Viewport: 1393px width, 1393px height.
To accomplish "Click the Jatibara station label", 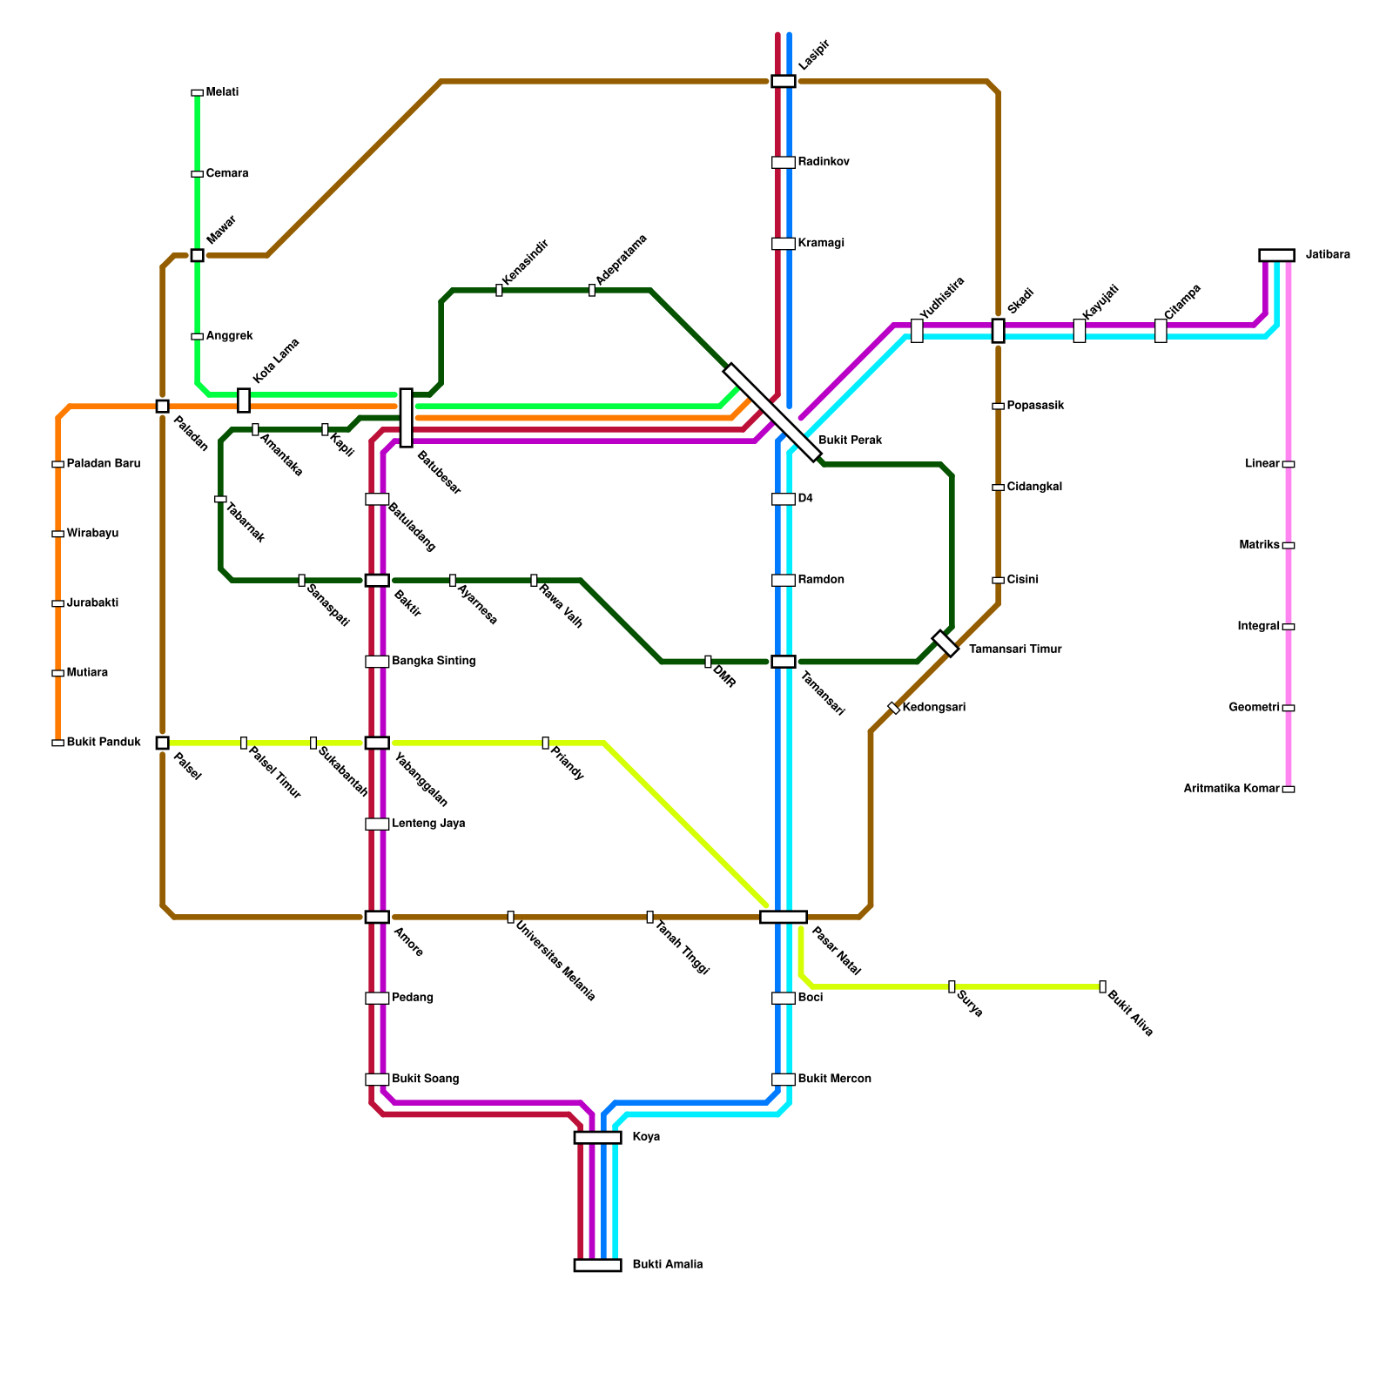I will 1328,255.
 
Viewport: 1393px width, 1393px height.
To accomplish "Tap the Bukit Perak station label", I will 850,441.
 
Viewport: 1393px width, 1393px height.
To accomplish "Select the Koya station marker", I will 597,1137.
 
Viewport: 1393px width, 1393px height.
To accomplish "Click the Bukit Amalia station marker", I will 597,1265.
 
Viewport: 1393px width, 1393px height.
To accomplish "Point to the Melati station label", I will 222,92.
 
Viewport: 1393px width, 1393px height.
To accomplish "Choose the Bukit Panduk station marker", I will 57,743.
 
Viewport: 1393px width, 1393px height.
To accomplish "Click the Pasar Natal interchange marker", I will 783,917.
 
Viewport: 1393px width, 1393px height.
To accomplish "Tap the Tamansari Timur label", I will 1015,649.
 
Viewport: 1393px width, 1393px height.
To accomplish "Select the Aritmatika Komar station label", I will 1231,789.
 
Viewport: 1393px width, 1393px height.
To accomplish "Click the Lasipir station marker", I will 783,81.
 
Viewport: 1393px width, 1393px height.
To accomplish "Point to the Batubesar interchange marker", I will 406,418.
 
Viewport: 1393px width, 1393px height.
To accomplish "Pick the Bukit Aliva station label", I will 1130,1013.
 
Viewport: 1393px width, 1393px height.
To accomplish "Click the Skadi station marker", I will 998,331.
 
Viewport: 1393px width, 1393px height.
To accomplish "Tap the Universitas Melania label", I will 555,961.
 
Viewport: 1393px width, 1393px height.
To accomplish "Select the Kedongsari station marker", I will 893,708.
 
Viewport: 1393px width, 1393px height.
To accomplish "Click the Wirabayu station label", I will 92,534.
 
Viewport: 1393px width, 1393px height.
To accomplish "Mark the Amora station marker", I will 377,917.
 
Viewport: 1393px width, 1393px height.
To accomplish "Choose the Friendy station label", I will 567,764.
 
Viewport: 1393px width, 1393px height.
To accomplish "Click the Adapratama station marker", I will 592,290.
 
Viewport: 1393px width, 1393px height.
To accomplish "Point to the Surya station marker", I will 952,986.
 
